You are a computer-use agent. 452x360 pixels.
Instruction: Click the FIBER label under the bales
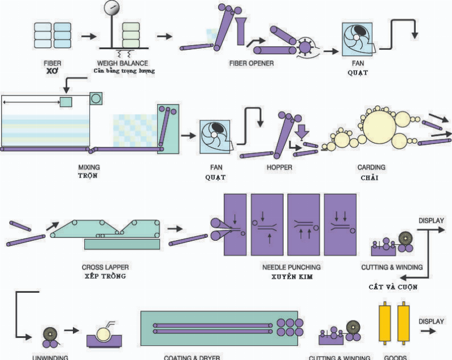click(x=52, y=63)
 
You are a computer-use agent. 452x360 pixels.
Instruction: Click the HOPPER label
click(x=279, y=168)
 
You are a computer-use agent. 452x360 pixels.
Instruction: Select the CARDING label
click(x=371, y=168)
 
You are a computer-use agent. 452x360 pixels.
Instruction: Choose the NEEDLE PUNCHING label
click(x=292, y=267)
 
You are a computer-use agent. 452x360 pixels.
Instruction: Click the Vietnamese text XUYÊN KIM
click(x=292, y=276)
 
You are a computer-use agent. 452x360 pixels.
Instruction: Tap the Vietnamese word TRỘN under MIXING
click(x=88, y=176)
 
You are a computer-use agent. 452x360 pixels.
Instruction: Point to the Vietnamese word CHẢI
click(x=371, y=177)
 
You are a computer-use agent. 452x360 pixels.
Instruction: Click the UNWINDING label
click(x=51, y=357)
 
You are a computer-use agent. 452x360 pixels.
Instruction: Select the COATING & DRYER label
click(x=192, y=357)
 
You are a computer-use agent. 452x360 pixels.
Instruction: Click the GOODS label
click(x=395, y=357)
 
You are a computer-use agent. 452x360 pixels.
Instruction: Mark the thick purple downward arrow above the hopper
click(x=302, y=130)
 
